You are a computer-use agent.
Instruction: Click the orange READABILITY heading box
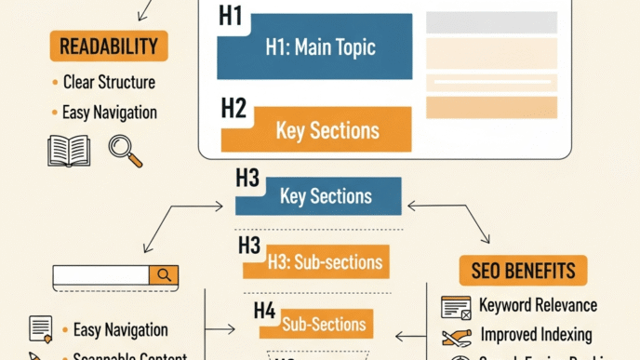coord(108,46)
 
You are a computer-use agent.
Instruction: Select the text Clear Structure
coord(109,82)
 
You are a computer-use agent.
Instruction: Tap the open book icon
coord(69,150)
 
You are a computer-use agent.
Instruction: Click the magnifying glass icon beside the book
coord(125,151)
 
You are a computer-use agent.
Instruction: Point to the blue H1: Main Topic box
coord(314,47)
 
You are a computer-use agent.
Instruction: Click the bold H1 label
coord(231,16)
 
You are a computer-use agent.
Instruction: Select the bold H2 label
coord(233,108)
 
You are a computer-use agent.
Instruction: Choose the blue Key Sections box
coord(326,196)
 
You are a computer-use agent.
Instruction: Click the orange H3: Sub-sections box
coord(316,262)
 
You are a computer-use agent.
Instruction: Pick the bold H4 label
coord(264,311)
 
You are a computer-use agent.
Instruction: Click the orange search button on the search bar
coord(165,275)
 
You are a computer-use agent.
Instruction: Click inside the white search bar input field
coord(100,275)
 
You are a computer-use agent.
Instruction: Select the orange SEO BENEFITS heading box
coord(523,272)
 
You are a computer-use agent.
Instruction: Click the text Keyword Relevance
coord(538,305)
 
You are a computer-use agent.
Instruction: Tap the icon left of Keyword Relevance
coord(456,307)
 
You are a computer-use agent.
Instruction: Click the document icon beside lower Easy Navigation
coord(40,328)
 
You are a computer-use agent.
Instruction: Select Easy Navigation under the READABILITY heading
coord(109,113)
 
